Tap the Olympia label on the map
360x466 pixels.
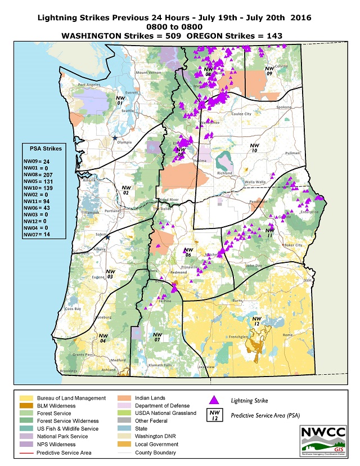(x=124, y=142)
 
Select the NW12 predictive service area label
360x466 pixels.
(x=256, y=322)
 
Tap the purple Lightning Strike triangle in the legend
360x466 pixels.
(x=213, y=400)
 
